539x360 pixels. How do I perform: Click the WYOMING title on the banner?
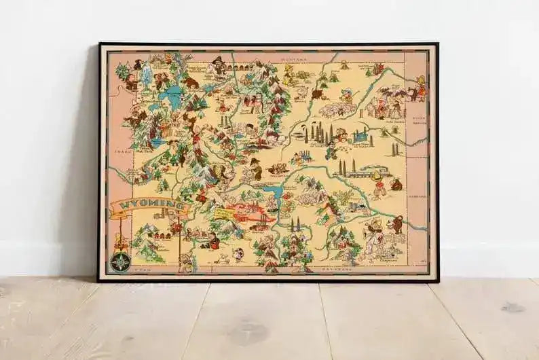[x=145, y=204]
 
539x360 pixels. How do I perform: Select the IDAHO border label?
[x=122, y=152]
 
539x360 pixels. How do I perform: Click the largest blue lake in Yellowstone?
[x=172, y=95]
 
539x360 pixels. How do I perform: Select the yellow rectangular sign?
[x=223, y=214]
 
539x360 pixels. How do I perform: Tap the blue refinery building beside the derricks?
[x=359, y=136]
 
